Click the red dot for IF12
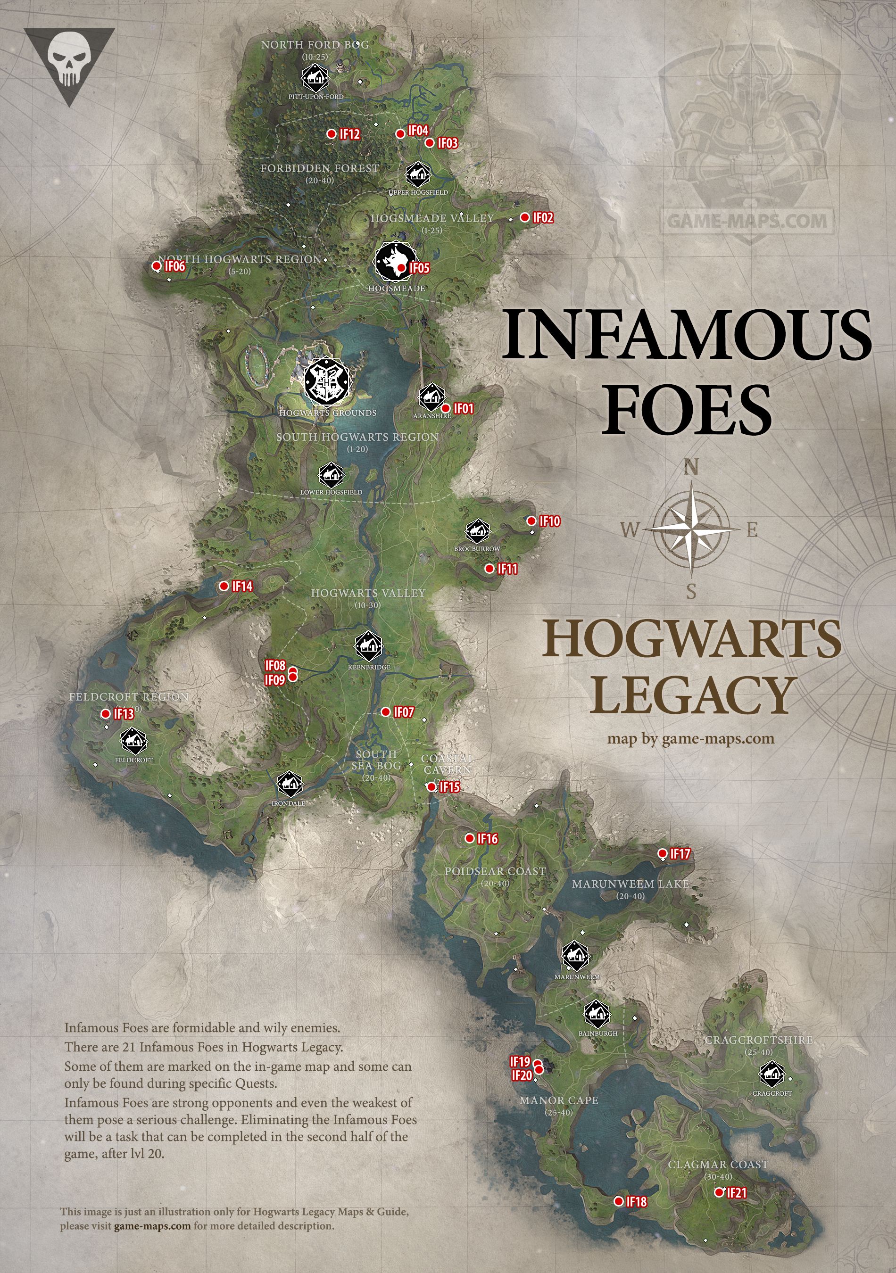[x=331, y=133]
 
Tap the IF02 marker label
[x=543, y=218]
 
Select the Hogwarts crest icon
[x=327, y=381]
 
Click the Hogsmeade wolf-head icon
[x=395, y=262]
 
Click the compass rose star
[x=691, y=529]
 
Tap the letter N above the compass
[x=691, y=467]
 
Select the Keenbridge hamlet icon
[x=369, y=646]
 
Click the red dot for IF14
[x=224, y=586]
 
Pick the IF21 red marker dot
[x=719, y=1192]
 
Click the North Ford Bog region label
[x=315, y=45]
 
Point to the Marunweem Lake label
[x=631, y=884]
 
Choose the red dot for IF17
[x=662, y=853]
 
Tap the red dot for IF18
[x=619, y=1201]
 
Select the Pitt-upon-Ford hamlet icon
[x=315, y=79]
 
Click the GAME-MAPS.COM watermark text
[x=747, y=221]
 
